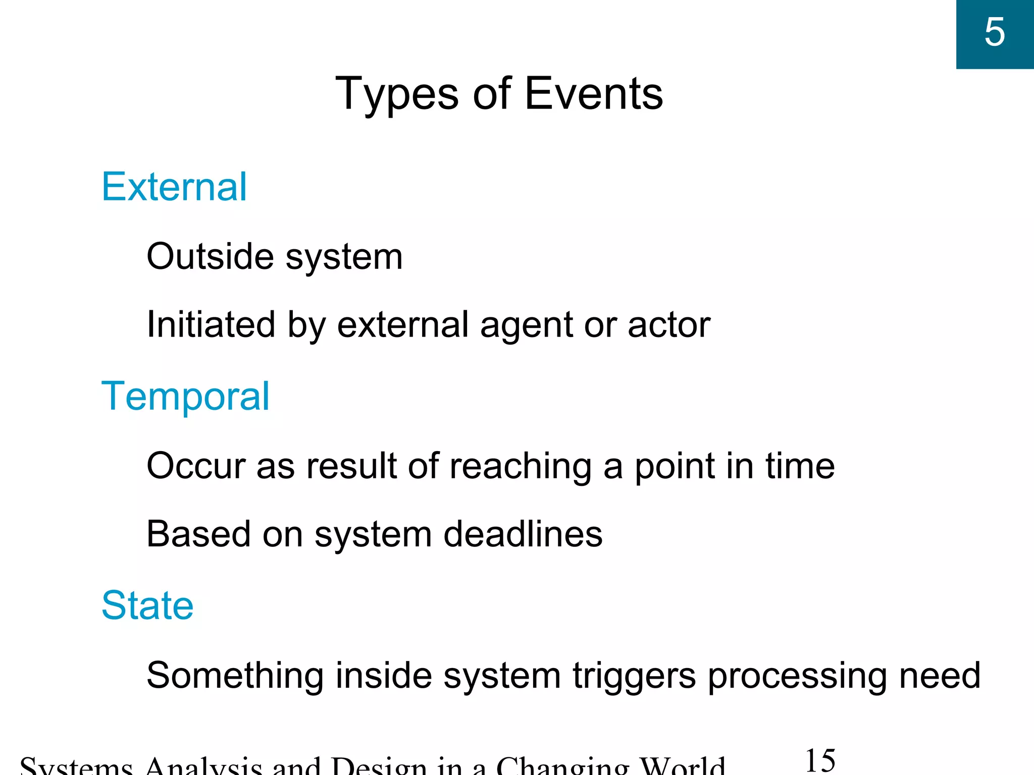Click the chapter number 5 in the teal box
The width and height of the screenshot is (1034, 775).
[994, 32]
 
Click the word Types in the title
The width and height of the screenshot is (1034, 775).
[398, 94]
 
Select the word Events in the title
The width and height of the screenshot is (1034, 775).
[594, 94]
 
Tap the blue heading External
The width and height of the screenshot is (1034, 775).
[174, 187]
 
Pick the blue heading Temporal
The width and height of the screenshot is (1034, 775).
[185, 397]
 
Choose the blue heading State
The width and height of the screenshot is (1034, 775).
[147, 605]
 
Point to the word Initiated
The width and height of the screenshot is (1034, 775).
[211, 324]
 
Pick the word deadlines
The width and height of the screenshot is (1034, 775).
[523, 534]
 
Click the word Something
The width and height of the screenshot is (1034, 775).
[235, 676]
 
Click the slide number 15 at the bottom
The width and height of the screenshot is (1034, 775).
[820, 761]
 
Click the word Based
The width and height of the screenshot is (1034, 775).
[198, 534]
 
